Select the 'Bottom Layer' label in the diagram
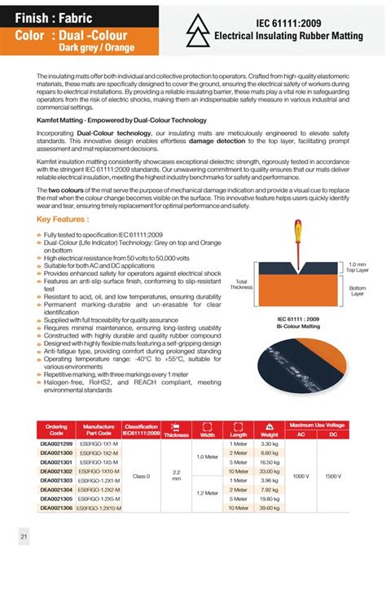coord(357,290)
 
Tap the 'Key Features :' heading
coord(64,220)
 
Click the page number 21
coord(24,536)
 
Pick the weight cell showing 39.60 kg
coord(270,508)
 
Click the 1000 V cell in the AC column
coord(300,476)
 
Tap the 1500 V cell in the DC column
coord(332,476)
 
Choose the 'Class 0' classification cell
coord(141,476)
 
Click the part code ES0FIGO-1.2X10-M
coord(99,508)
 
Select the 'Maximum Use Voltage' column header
coord(317,425)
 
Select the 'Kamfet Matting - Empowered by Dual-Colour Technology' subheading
coord(107,120)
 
